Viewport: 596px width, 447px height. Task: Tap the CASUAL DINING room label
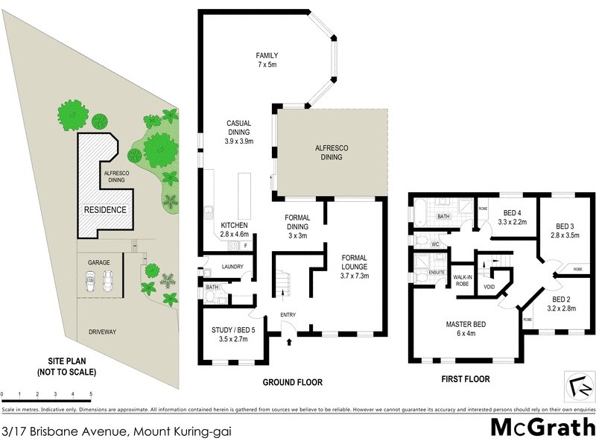[238, 132]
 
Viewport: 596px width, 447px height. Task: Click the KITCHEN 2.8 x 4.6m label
[234, 229]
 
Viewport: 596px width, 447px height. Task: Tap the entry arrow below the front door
[289, 342]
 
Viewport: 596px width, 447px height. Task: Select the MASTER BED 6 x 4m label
[466, 329]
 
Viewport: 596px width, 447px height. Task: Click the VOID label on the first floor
[489, 286]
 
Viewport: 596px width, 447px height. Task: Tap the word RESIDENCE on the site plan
[104, 210]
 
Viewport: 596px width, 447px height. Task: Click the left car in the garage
[90, 280]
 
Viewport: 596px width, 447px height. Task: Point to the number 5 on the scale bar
[91, 393]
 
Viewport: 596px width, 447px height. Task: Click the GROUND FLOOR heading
[292, 382]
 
